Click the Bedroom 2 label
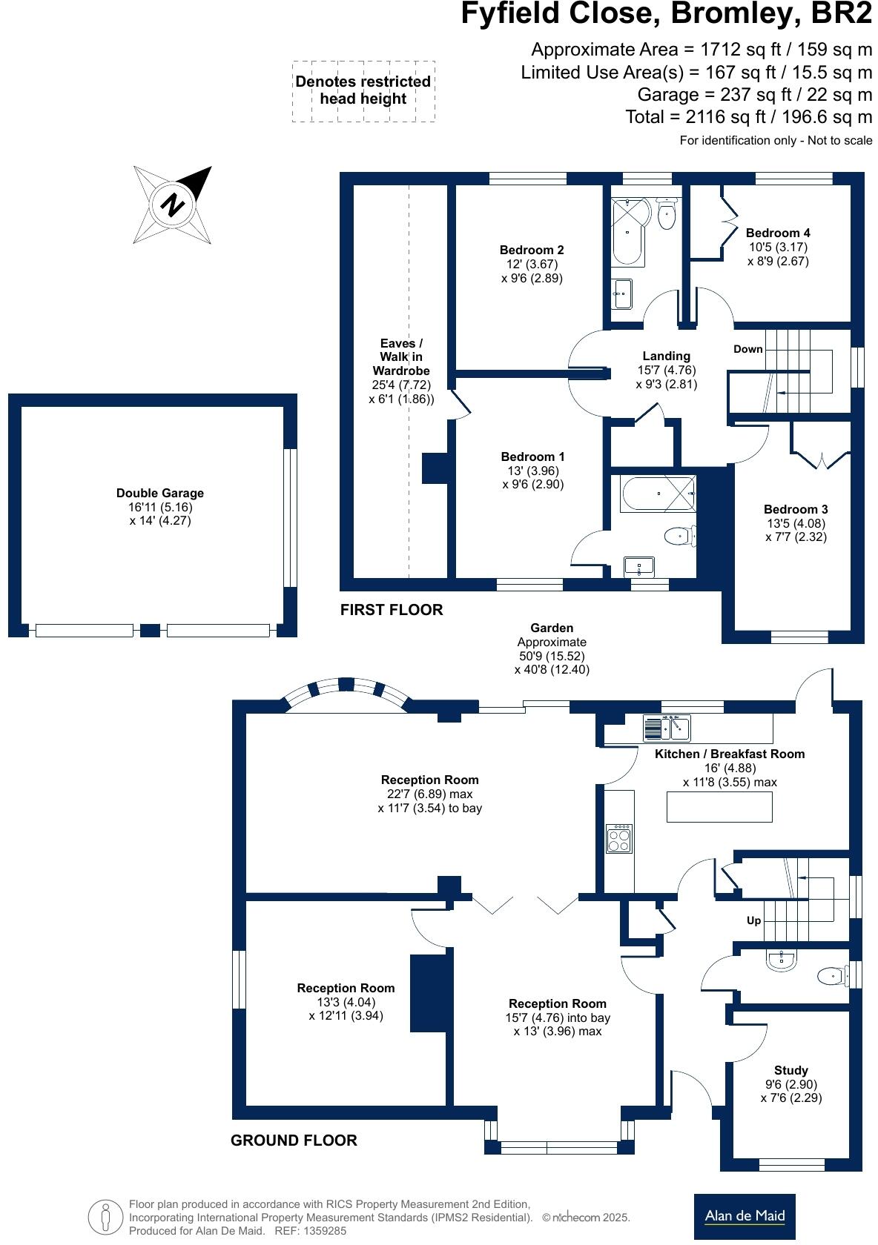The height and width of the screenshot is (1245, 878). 531,250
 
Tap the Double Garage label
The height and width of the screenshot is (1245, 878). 159,494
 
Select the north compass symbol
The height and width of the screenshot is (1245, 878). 174,204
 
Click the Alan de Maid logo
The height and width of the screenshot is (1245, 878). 744,1215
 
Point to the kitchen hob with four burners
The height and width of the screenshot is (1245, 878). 619,839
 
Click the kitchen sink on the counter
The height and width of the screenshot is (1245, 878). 667,728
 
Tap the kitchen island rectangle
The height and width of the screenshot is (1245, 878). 719,807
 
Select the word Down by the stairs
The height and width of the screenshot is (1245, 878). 747,349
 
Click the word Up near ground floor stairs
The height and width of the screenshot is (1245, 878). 753,920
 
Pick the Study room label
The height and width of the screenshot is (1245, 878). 790,1070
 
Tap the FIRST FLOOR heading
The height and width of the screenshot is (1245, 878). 391,610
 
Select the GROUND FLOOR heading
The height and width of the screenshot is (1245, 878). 294,1141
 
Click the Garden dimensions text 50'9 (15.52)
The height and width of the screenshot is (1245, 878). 552,657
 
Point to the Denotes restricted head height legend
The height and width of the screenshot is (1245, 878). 363,90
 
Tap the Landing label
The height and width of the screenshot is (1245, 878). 666,356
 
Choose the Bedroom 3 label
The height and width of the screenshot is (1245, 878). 796,510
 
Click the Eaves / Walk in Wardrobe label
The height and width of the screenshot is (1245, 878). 400,357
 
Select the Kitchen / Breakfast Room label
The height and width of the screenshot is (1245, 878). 729,754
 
